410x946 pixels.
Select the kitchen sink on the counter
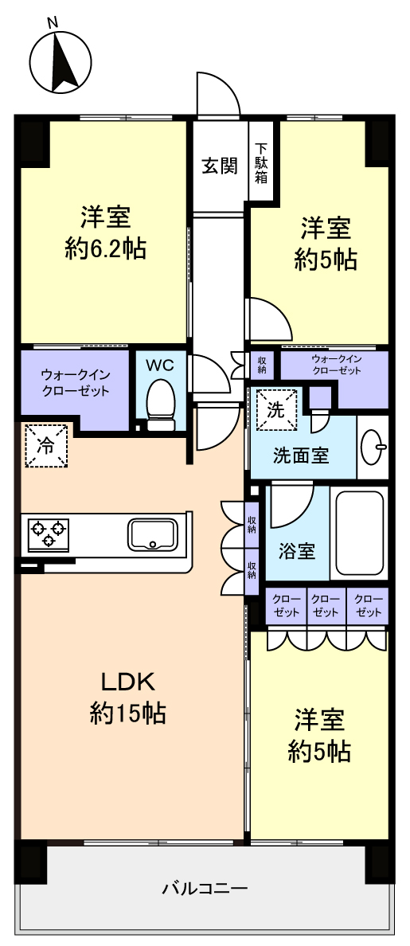point(153,534)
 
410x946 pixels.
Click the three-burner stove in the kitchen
point(48,535)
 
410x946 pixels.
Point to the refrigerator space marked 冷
point(46,445)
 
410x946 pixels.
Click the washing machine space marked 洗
point(276,409)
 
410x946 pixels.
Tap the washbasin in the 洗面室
point(373,447)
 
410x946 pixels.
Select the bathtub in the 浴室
point(360,533)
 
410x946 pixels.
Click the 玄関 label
point(219,166)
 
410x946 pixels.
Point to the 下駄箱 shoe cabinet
point(263,161)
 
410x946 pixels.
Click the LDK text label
point(128,682)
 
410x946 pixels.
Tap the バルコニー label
point(205,888)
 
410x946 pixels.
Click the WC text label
point(160,365)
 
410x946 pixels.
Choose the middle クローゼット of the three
point(326,605)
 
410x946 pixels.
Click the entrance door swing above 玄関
point(220,94)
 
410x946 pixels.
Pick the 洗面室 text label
point(301,455)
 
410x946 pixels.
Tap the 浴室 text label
point(297,550)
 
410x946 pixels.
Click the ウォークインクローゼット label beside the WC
point(76,382)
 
